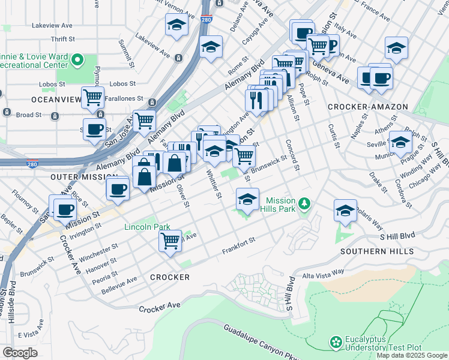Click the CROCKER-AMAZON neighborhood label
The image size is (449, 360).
point(367,107)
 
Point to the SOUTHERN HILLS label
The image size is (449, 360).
point(376,251)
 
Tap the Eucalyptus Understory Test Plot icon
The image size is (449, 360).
point(336,342)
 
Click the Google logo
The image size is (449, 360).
point(20,353)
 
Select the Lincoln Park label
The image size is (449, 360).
point(147,227)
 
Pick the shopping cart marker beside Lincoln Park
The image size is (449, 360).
point(170,241)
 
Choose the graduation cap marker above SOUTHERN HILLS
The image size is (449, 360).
point(345,211)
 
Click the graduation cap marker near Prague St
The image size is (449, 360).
point(400,143)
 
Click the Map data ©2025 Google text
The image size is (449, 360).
point(412,355)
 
